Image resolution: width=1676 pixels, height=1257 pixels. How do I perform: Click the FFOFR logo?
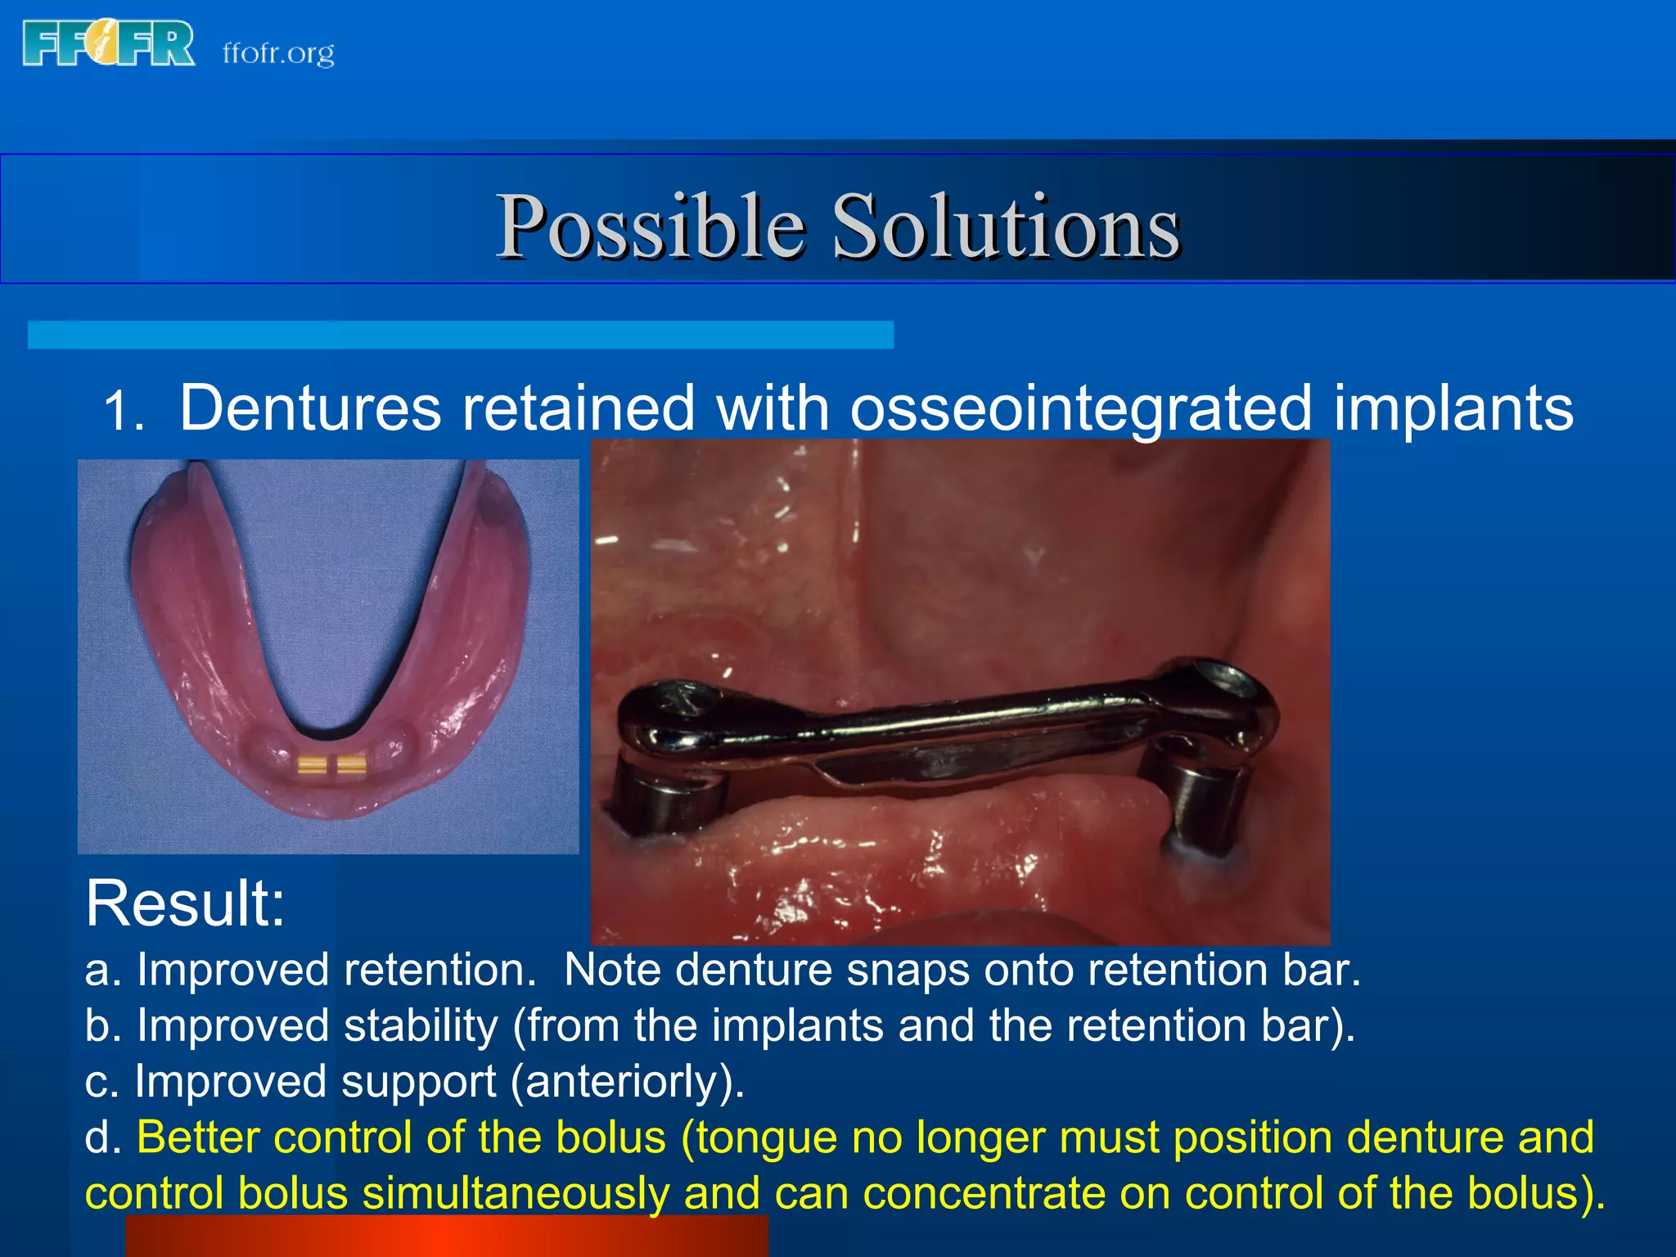[108, 44]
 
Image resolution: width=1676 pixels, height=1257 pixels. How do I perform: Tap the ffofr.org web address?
[278, 53]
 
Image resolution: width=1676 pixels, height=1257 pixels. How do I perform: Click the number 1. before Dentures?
[124, 412]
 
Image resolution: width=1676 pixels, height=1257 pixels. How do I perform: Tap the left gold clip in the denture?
[312, 765]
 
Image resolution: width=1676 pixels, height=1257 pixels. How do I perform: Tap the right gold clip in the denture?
[352, 765]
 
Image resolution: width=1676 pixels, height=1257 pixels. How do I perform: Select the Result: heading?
[185, 903]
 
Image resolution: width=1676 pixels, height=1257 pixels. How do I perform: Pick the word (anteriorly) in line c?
[627, 1082]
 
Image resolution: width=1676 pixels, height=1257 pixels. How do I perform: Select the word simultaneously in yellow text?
[516, 1194]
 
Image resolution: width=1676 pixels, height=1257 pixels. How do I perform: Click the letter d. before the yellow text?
[104, 1138]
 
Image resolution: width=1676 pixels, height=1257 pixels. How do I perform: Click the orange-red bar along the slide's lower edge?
[446, 1237]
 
